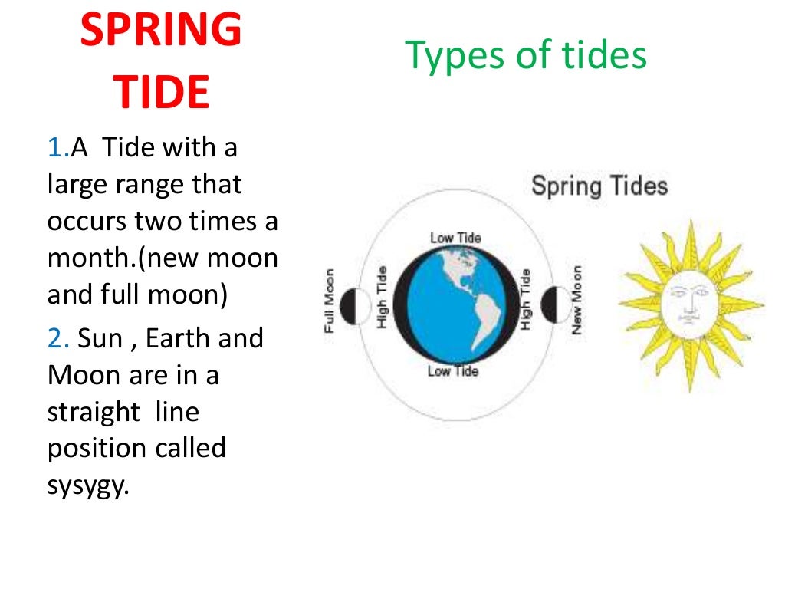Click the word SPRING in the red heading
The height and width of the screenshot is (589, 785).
pos(161,31)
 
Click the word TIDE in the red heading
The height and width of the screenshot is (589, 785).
pos(161,93)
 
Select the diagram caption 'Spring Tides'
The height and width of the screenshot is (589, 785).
pos(599,186)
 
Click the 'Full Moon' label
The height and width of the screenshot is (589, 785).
pos(330,301)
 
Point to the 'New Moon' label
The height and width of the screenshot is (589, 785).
pos(576,300)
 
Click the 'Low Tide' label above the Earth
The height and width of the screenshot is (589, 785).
pos(455,237)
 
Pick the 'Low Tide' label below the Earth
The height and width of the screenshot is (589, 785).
pos(452,371)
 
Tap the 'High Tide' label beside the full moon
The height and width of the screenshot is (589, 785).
pos(382,298)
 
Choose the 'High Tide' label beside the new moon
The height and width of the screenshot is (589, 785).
pos(525,299)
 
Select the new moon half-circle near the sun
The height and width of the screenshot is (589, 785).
pos(551,304)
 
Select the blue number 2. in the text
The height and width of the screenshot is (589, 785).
pos(57,338)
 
